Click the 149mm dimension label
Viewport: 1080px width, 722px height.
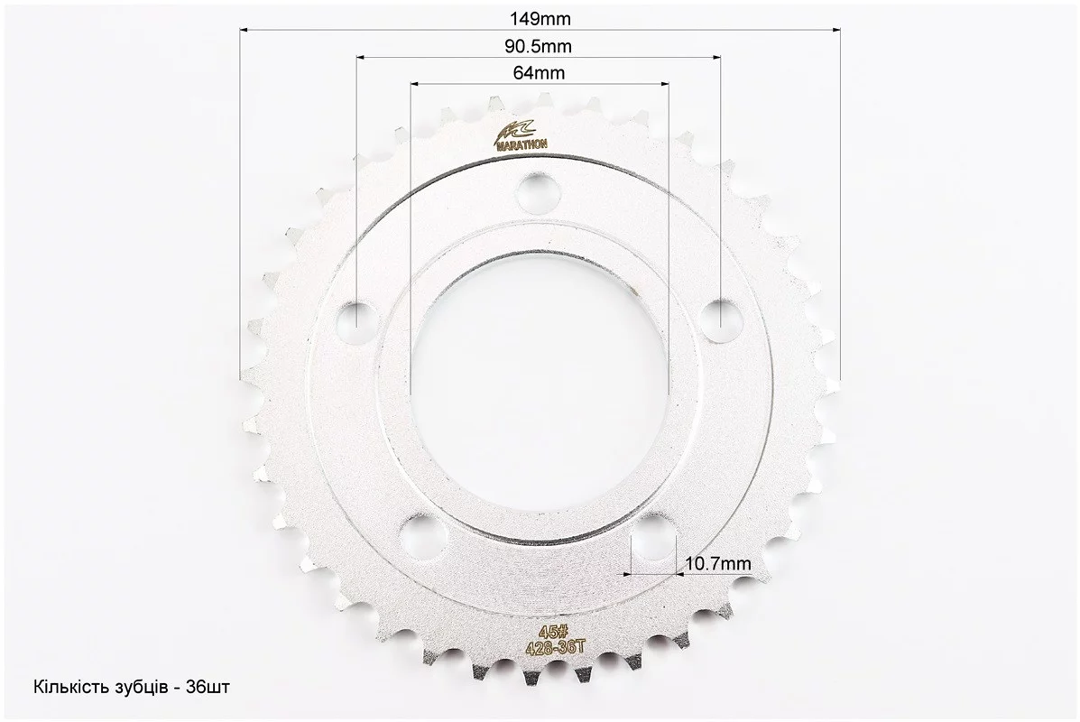coord(540,19)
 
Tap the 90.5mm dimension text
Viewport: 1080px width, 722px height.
coord(539,46)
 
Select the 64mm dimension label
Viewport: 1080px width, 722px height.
coord(539,72)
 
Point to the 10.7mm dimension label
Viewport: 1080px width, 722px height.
coord(718,563)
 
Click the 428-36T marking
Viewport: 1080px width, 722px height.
coord(555,646)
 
